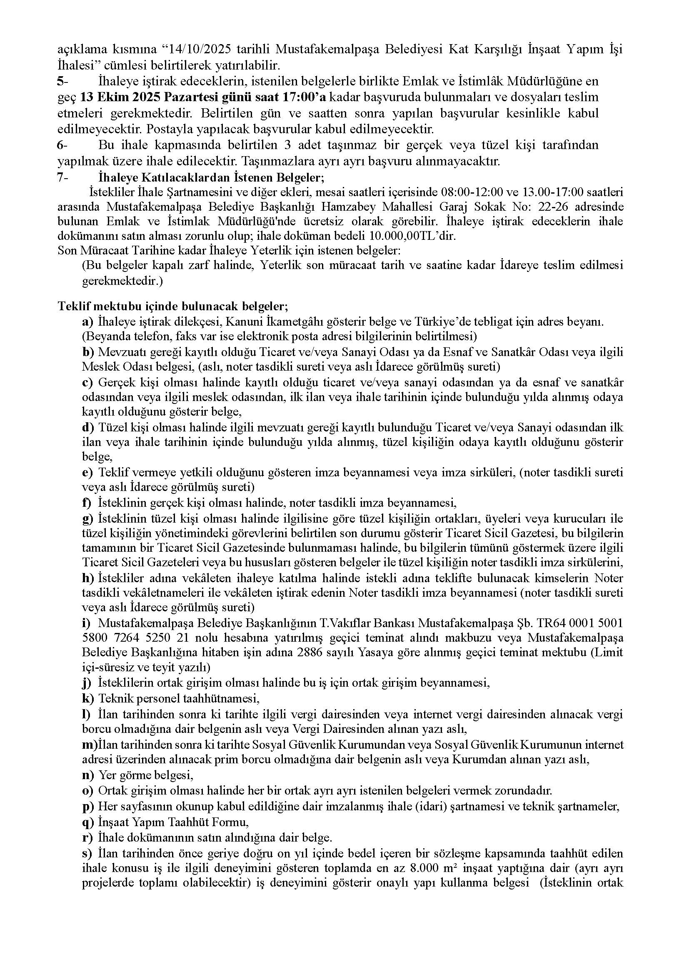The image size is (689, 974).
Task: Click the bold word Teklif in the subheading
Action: point(72,306)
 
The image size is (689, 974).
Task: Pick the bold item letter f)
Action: point(87,503)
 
